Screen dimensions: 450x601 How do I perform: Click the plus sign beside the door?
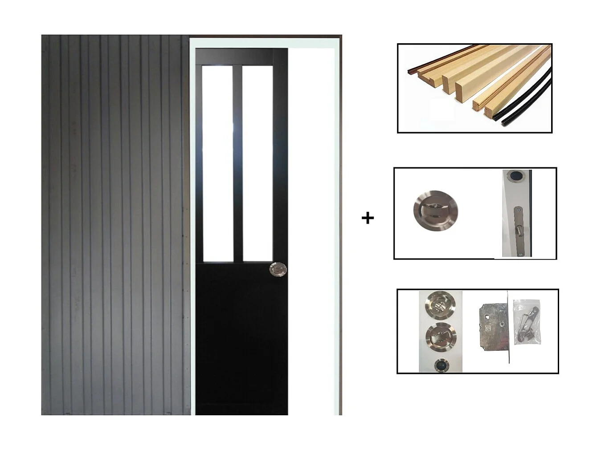368,218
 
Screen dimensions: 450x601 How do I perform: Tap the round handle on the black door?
278,269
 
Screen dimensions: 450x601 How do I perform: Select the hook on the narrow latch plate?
518,231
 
